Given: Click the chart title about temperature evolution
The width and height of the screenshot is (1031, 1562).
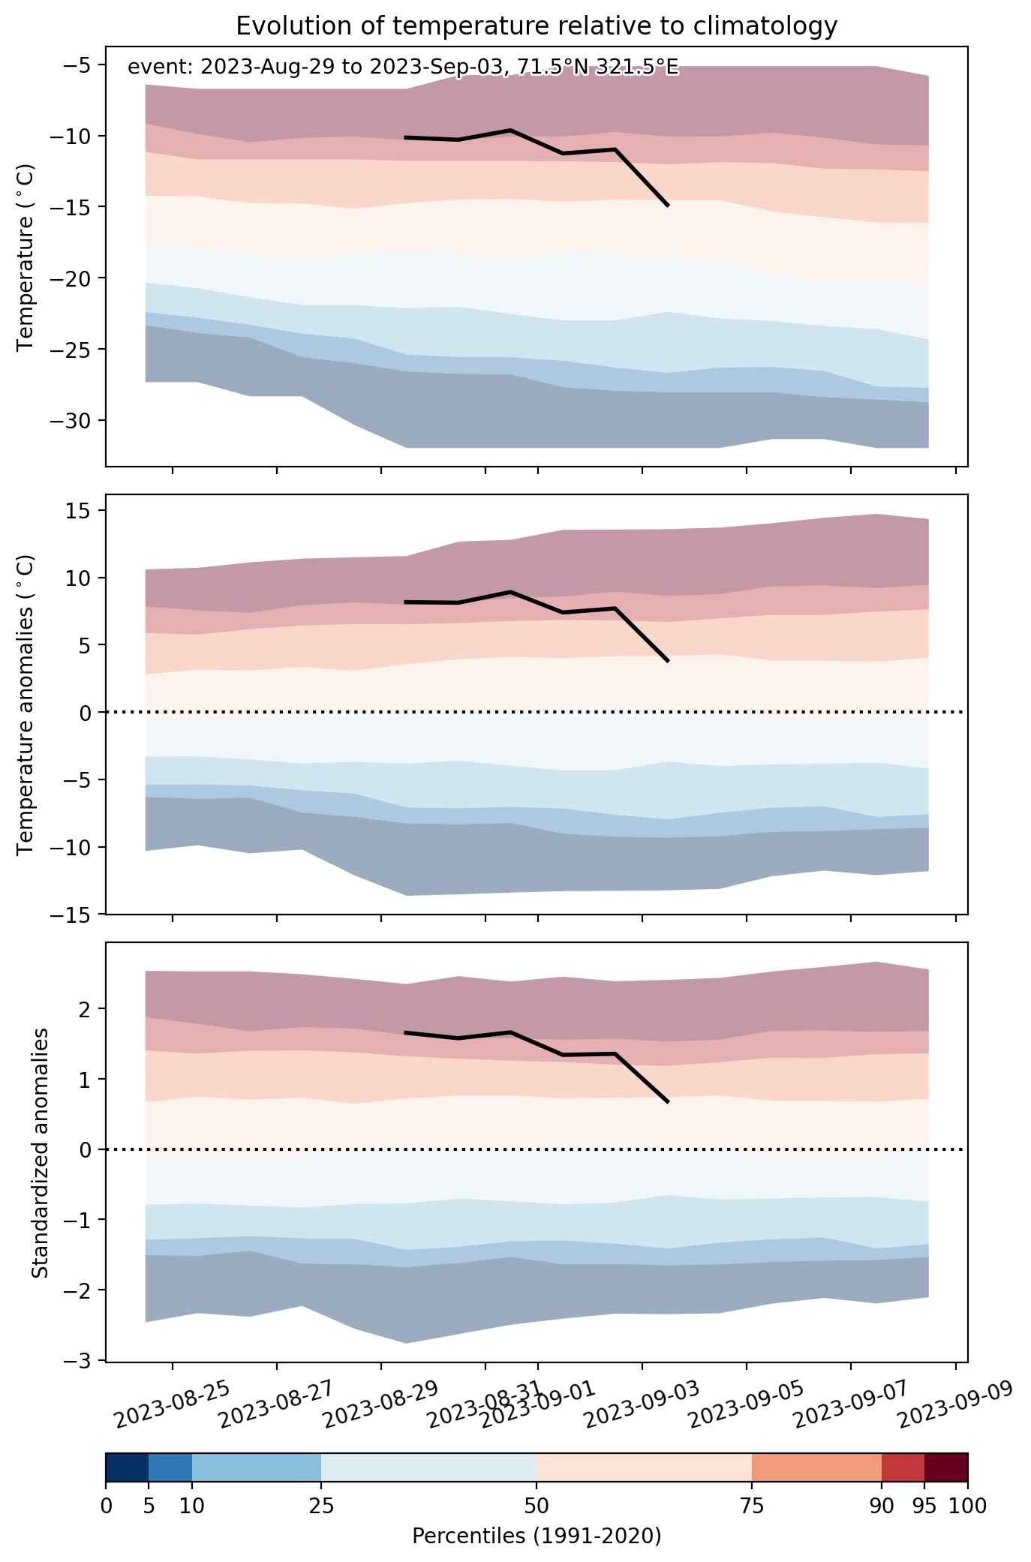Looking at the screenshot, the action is [x=537, y=26].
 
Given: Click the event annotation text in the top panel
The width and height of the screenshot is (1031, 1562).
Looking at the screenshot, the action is [x=403, y=68].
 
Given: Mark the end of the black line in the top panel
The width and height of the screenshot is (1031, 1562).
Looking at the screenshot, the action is [x=668, y=205].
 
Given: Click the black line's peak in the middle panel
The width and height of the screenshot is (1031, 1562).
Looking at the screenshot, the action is [x=510, y=592].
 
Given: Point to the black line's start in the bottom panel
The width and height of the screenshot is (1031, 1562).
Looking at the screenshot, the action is [x=405, y=1032].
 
